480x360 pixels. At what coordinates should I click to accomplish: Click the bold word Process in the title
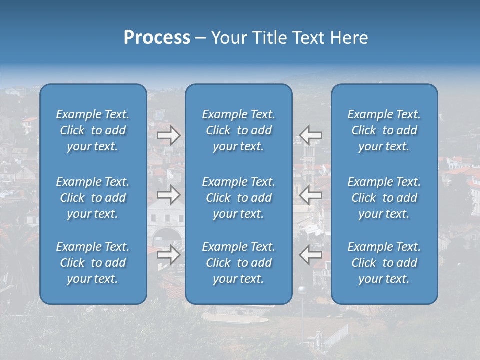(x=157, y=38)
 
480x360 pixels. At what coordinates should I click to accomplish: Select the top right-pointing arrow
(x=168, y=135)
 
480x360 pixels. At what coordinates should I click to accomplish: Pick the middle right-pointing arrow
(x=168, y=195)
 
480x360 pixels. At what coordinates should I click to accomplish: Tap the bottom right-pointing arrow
(x=168, y=255)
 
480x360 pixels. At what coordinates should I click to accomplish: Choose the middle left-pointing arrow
(x=311, y=195)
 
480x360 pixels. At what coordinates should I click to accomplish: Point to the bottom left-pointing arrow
(x=311, y=255)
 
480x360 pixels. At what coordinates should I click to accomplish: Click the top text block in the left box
(x=93, y=130)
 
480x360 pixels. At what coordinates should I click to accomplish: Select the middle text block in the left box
(x=93, y=198)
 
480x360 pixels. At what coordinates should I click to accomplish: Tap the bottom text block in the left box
(x=93, y=263)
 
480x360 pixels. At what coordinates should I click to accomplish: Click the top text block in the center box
(x=239, y=130)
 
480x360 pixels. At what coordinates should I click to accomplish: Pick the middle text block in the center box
(x=239, y=198)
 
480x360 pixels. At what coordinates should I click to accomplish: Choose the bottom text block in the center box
(x=239, y=263)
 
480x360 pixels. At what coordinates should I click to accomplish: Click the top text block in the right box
(x=384, y=130)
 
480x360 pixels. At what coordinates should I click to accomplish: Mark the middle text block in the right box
(x=384, y=198)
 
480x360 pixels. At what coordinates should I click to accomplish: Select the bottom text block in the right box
(x=384, y=263)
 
